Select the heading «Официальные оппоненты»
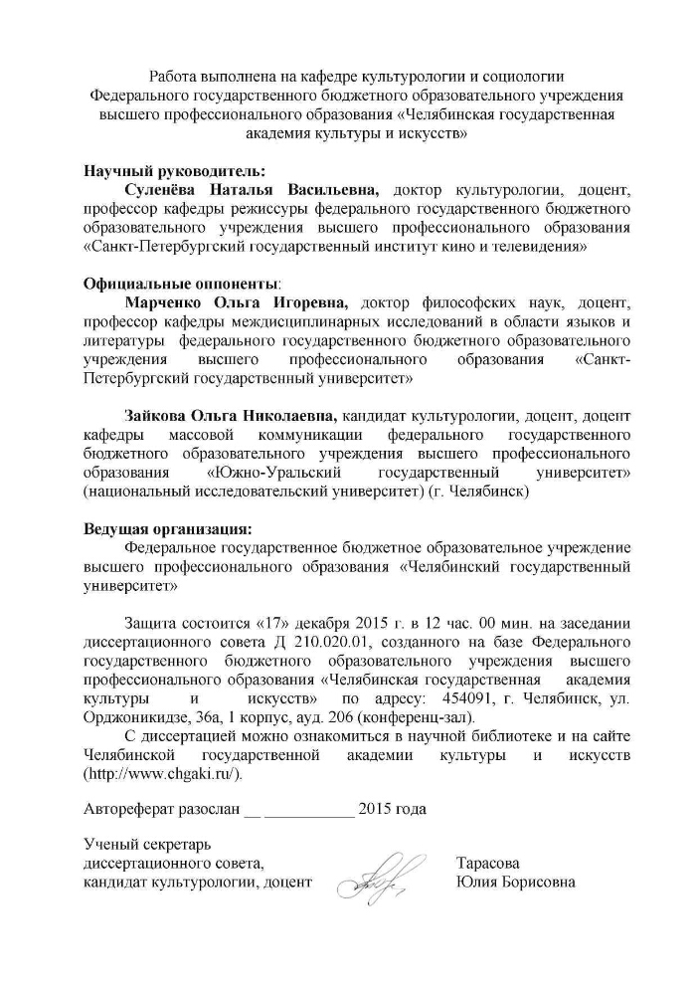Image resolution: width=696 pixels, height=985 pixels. pyautogui.click(x=181, y=283)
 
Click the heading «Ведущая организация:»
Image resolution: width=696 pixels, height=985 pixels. pyautogui.click(x=167, y=528)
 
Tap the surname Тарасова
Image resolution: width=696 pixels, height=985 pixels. pyautogui.click(x=488, y=863)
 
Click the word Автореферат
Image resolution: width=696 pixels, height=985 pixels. pyautogui.click(x=129, y=808)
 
